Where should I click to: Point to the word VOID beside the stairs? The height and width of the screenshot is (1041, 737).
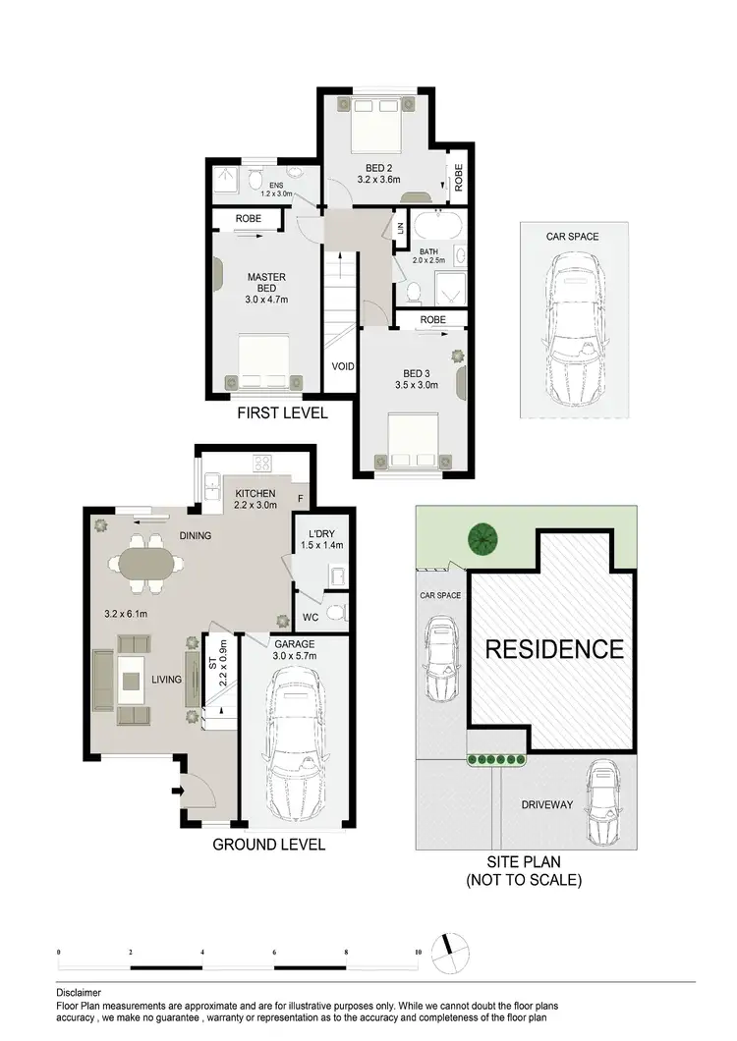(x=343, y=366)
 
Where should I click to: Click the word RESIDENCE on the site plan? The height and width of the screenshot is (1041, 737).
(x=553, y=649)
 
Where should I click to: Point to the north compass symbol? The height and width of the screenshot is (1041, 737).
(x=451, y=951)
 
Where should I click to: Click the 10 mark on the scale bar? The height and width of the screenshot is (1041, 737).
(x=419, y=953)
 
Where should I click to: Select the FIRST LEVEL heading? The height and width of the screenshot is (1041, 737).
(x=282, y=413)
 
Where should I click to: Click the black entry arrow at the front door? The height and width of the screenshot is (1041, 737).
(x=179, y=790)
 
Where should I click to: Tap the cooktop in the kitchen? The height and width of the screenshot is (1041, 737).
(x=264, y=463)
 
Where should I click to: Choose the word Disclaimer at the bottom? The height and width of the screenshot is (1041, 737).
(x=78, y=993)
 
